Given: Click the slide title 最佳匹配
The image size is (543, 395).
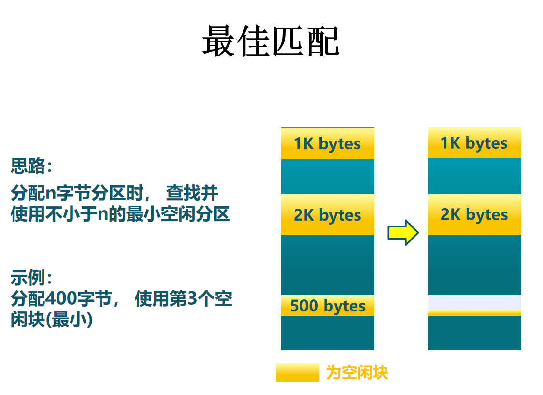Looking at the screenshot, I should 271,42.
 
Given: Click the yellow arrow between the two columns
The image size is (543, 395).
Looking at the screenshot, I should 403,233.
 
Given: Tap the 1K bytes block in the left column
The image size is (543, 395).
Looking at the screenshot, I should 328,144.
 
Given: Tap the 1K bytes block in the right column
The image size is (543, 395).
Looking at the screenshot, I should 474,143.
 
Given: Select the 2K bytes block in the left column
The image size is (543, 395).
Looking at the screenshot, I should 328,215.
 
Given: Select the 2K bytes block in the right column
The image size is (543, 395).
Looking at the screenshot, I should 474,214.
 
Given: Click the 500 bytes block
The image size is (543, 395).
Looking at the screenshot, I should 328,306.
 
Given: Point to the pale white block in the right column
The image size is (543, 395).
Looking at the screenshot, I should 474,302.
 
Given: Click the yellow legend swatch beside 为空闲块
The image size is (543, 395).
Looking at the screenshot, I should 297,372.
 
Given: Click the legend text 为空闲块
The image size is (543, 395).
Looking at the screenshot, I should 357,372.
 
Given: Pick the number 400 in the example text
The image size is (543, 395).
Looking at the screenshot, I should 61,299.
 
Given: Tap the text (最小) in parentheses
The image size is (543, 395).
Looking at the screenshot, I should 71,320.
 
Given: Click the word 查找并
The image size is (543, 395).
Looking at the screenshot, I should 192,194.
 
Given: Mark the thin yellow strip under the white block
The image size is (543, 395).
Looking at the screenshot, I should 474,313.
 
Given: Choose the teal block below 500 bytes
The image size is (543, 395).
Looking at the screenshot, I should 328,333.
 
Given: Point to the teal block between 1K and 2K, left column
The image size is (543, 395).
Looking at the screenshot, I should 328,177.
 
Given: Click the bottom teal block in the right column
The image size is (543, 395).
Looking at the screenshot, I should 474,333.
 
